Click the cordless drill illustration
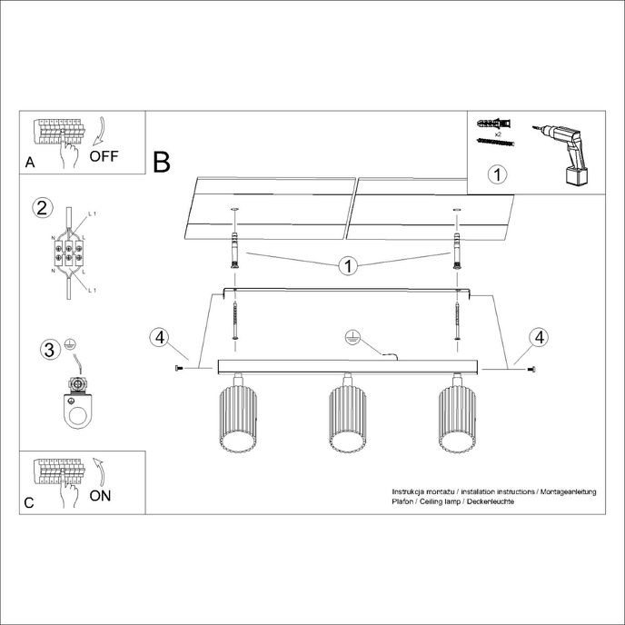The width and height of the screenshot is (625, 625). pyautogui.click(x=564, y=152)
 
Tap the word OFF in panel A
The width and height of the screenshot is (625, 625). pyautogui.click(x=104, y=155)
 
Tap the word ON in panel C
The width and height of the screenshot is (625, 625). pyautogui.click(x=102, y=495)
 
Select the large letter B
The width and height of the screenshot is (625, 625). pyautogui.click(x=162, y=163)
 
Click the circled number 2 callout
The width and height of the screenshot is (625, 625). pyautogui.click(x=41, y=207)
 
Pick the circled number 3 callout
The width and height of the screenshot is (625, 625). pyautogui.click(x=50, y=348)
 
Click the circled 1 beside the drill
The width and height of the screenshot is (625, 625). pyautogui.click(x=496, y=173)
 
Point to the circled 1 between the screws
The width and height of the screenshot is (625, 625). pyautogui.click(x=346, y=266)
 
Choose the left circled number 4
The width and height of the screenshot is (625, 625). pyautogui.click(x=160, y=338)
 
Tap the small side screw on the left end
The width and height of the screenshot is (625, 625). pyautogui.click(x=178, y=368)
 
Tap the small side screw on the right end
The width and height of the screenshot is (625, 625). pyautogui.click(x=530, y=368)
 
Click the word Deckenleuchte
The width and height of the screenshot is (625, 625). pyautogui.click(x=491, y=501)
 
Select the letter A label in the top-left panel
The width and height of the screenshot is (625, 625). pyautogui.click(x=31, y=163)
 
